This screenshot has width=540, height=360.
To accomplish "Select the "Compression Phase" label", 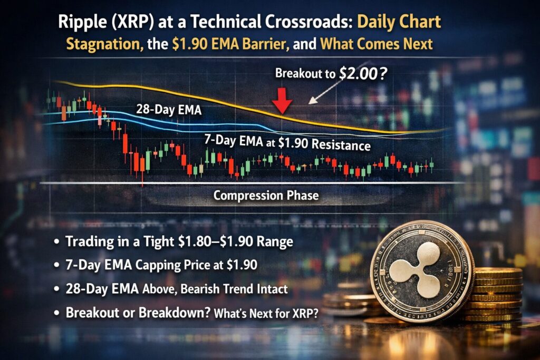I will click(x=266, y=196).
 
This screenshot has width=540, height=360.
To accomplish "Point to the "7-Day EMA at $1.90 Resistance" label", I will click(x=287, y=143).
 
